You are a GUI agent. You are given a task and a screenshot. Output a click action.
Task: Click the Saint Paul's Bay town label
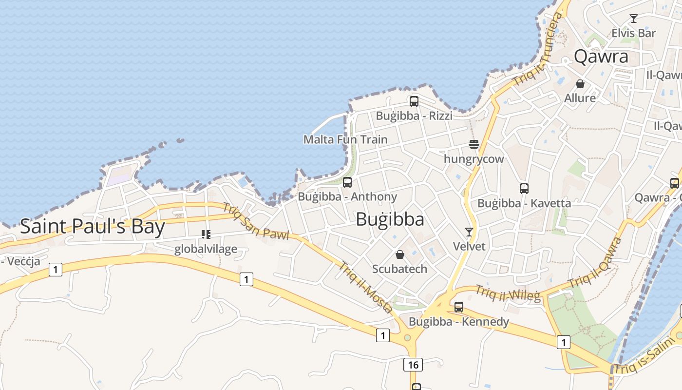[93, 227]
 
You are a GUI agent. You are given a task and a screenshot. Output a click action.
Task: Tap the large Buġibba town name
[390, 219]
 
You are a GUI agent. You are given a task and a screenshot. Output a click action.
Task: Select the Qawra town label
[601, 57]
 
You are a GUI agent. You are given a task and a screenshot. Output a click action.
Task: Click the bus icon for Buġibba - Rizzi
[414, 101]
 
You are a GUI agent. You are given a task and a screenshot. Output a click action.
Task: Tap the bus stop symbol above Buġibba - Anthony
[347, 182]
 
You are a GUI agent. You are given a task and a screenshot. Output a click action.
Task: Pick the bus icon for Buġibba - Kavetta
[524, 188]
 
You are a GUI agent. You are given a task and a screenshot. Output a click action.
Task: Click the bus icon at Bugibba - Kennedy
[459, 307]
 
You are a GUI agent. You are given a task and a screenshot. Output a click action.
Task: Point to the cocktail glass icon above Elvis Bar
[634, 19]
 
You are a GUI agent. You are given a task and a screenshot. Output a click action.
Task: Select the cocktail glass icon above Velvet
[469, 232]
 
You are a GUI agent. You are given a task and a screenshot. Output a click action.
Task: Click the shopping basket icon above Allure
[580, 83]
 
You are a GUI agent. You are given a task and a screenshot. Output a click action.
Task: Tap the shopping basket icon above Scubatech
[400, 254]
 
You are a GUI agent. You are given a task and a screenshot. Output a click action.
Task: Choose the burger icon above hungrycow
[474, 144]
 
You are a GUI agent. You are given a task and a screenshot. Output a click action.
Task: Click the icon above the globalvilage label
[206, 234]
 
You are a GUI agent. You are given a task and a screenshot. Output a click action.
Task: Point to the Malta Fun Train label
[345, 139]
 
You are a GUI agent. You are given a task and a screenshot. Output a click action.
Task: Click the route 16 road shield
[413, 364]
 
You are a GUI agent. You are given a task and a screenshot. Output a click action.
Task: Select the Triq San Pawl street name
[256, 222]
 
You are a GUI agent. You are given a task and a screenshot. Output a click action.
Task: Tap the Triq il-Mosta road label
[366, 288]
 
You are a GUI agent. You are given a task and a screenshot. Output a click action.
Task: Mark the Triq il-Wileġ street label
[508, 292]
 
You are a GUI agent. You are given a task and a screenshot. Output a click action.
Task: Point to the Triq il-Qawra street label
[595, 263]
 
